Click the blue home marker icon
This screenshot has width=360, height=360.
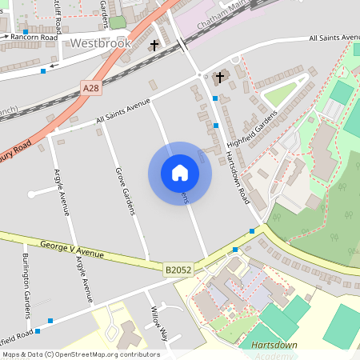180,173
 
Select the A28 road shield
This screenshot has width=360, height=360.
90,87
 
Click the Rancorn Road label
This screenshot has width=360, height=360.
34,38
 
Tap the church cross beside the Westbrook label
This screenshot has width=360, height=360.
154,46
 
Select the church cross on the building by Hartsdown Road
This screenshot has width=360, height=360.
221,78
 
